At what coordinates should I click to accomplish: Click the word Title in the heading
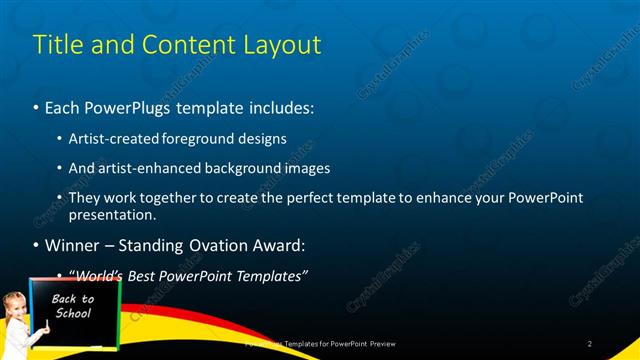coord(57,45)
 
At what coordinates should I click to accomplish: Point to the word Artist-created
coord(113,139)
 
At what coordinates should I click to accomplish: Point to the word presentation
coord(111,215)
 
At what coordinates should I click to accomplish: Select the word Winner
coord(72,246)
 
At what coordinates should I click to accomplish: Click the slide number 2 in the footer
coord(590,344)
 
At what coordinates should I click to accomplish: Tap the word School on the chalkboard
coord(72,313)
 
